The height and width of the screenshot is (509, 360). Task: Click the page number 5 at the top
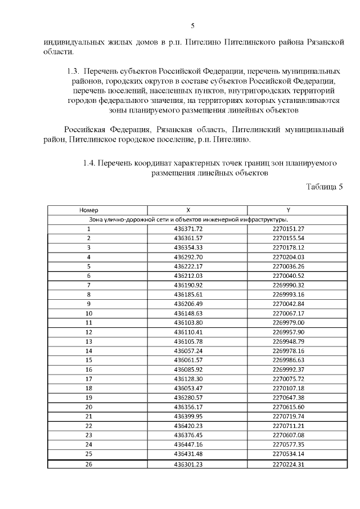[x=192, y=25]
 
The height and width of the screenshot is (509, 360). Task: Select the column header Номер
[x=89, y=210]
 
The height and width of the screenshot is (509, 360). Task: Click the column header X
[x=188, y=210]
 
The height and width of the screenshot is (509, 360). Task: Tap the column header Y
[x=288, y=210]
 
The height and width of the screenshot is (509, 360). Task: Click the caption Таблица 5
[x=324, y=187]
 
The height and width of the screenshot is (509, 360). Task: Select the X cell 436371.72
[x=188, y=228]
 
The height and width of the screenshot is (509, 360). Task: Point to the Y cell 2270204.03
[x=288, y=256]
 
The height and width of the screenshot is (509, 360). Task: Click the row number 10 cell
[x=89, y=313]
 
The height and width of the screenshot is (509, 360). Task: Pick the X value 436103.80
[x=188, y=322]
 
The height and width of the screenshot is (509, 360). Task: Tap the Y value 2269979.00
[x=288, y=322]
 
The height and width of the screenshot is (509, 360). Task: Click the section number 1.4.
[x=89, y=163]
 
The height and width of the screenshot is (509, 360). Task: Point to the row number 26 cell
[x=89, y=464]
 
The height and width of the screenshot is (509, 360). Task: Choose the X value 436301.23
[x=188, y=464]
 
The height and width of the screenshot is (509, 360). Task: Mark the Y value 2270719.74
[x=288, y=416]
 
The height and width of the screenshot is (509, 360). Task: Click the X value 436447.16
[x=188, y=444]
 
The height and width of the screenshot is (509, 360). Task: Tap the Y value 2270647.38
[x=288, y=397]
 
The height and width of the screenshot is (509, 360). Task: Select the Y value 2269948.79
[x=288, y=341]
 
